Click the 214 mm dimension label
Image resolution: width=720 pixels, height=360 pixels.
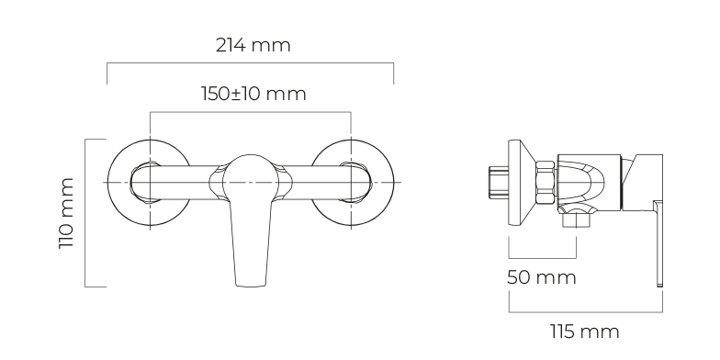pyautogui.click(x=253, y=46)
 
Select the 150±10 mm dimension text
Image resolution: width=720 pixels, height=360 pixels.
pyautogui.click(x=253, y=94)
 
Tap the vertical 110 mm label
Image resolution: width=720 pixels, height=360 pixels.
pyautogui.click(x=66, y=213)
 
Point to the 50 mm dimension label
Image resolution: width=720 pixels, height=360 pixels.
pyautogui.click(x=542, y=277)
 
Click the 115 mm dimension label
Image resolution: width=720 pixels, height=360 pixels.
pyautogui.click(x=584, y=332)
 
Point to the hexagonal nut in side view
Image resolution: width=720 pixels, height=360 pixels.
pyautogui.click(x=546, y=182)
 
